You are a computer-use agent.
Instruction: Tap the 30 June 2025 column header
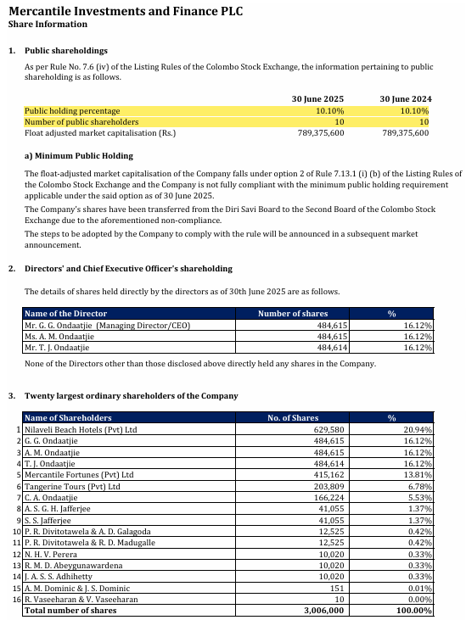coord(317,98)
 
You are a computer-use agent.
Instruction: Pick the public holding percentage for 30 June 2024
coord(414,110)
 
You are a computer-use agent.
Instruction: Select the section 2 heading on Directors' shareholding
coord(128,268)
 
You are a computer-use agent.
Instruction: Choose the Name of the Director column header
coord(65,314)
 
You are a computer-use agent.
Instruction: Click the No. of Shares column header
coord(293,418)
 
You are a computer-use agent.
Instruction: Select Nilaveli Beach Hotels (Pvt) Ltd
coord(81,430)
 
